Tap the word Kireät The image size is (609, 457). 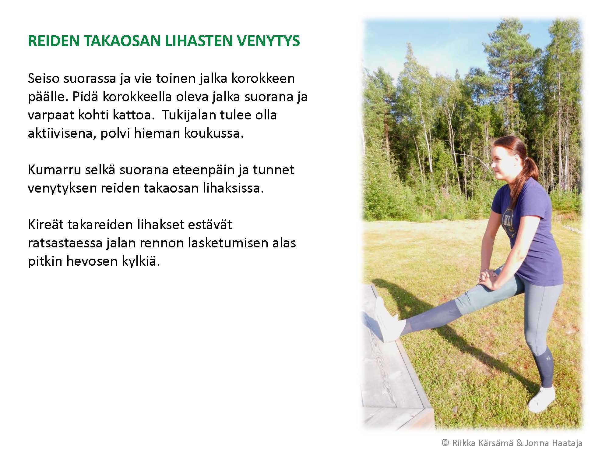pyautogui.click(x=45, y=225)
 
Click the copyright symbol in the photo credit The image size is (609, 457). pyautogui.click(x=445, y=443)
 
